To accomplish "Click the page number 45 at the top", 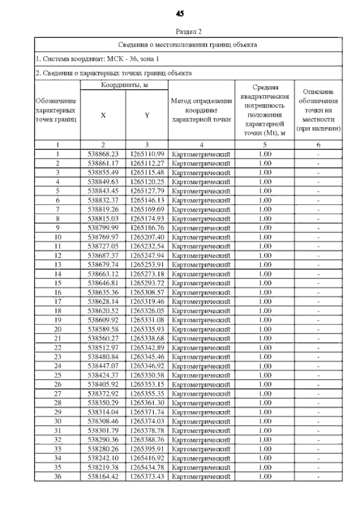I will click(180, 13).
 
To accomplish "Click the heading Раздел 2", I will click(180, 32).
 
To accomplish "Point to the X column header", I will click(103, 115).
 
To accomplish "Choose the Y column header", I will click(146, 115).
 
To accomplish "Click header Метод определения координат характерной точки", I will click(201, 110).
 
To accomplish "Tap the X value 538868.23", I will click(103, 154).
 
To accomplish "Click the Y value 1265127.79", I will click(146, 191).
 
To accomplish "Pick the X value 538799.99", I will click(103, 228).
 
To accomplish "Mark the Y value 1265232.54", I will click(146, 246).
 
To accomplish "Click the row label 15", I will click(57, 283).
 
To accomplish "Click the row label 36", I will click(57, 476).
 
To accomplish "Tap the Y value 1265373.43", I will click(146, 476).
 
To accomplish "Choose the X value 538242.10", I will click(103, 458).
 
